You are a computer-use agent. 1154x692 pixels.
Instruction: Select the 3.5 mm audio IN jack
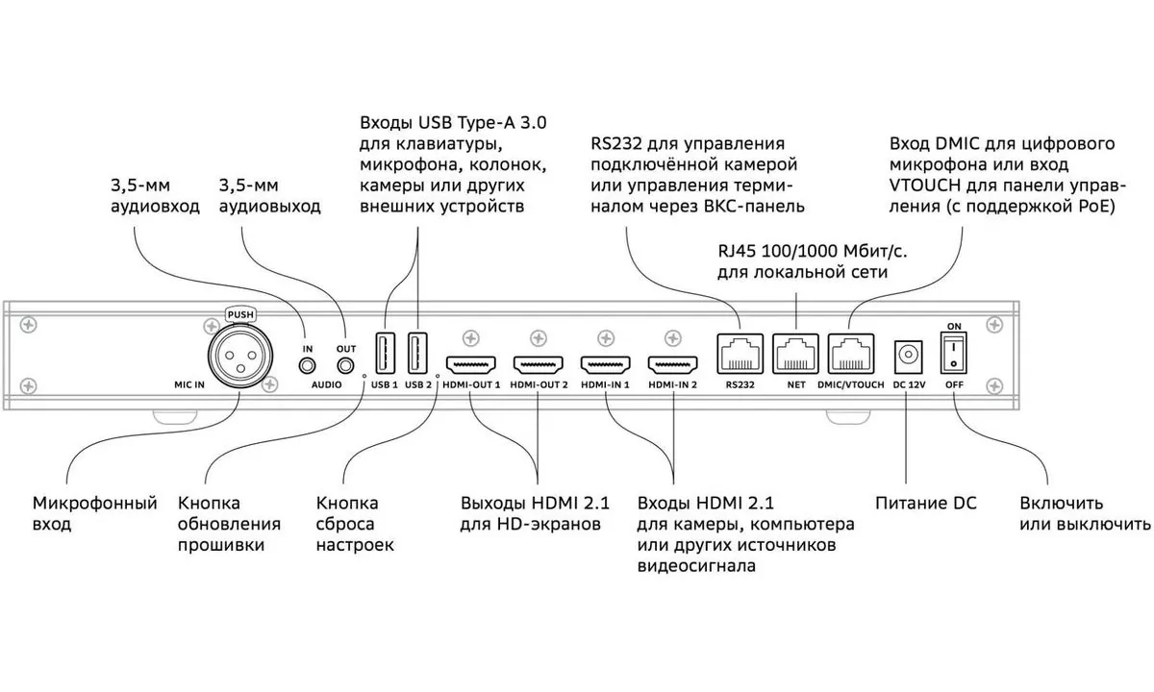pos(308,365)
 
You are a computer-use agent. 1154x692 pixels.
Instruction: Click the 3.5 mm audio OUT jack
pos(345,365)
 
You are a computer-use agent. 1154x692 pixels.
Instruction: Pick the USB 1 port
pos(383,354)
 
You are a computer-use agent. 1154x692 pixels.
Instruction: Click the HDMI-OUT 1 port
pos(471,366)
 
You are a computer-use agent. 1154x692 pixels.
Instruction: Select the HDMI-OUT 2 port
pos(539,366)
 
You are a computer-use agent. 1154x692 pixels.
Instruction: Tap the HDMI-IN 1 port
pos(606,366)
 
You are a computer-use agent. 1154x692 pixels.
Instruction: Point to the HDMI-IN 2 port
pos(673,366)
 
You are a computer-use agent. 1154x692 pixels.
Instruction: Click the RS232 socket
pos(740,355)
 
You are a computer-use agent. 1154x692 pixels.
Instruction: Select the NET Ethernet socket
pos(795,355)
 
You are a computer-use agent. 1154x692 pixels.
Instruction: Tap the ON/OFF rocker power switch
pos(954,353)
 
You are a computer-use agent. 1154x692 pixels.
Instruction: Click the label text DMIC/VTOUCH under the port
pos(850,384)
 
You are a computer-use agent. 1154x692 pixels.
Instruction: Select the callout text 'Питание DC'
pos(925,503)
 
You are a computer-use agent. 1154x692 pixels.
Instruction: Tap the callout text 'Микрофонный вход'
pos(94,513)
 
